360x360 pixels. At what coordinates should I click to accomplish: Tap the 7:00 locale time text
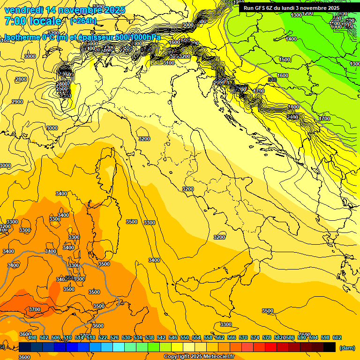(33, 21)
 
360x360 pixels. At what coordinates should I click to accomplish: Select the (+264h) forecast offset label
(83, 21)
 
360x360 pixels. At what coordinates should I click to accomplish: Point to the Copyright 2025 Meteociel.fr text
(199, 356)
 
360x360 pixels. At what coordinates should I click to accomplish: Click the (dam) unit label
(346, 348)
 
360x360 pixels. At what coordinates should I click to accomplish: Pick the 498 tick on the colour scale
(32, 337)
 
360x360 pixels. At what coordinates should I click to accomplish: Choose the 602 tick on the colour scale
(337, 337)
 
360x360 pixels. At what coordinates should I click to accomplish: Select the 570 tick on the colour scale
(243, 337)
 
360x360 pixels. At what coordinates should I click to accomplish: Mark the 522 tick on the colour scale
(103, 337)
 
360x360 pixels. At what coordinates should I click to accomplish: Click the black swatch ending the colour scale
(330, 347)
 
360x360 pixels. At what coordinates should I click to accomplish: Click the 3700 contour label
(34, 309)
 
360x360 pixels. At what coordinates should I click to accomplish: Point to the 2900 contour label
(17, 102)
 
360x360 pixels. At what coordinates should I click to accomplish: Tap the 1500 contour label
(284, 60)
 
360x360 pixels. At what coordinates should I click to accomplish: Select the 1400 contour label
(291, 39)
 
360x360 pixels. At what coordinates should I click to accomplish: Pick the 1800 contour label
(293, 107)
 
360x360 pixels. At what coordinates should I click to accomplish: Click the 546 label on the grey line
(273, 80)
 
